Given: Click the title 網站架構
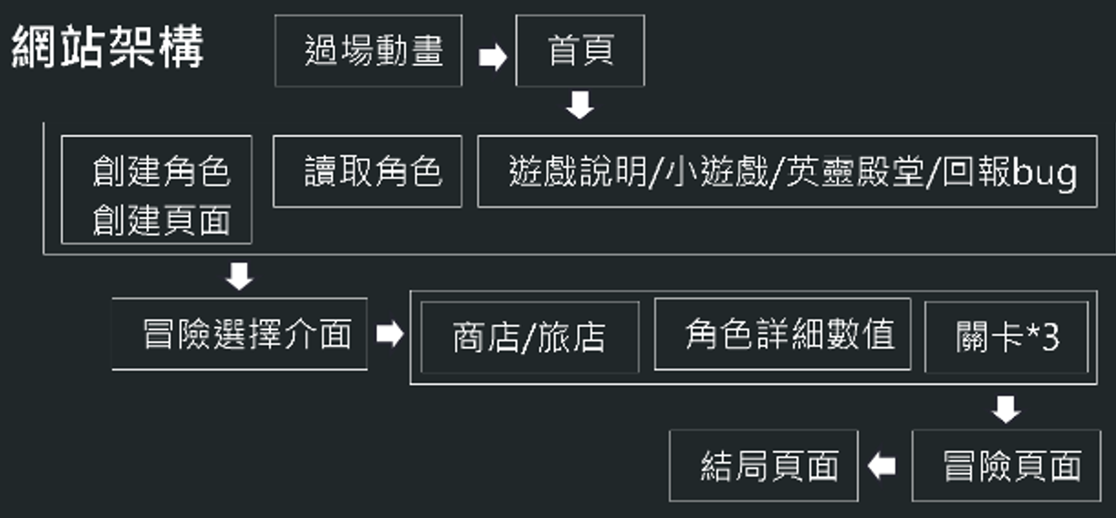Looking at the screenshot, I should tap(108, 49).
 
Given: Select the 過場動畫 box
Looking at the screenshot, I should tap(369, 51).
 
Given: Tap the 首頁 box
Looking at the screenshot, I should tap(580, 51).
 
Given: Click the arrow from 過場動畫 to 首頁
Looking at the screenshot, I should tap(493, 57).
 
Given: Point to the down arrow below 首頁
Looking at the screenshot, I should tap(579, 107).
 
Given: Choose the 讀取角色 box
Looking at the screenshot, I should tap(368, 171).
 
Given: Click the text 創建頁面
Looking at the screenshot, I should tap(161, 221).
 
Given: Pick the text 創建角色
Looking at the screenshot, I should tap(161, 172).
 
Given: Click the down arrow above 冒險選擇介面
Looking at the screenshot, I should tap(240, 276).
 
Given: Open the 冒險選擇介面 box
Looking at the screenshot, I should tap(240, 334).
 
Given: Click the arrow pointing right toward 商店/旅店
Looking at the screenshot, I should tap(389, 334).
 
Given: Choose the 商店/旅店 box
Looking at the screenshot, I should tap(529, 338).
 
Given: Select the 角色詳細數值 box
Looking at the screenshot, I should tap(782, 334).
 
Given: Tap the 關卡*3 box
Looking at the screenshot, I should tap(1007, 338).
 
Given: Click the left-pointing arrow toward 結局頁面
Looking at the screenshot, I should tap(883, 466).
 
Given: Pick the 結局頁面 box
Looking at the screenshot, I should tap(764, 466).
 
